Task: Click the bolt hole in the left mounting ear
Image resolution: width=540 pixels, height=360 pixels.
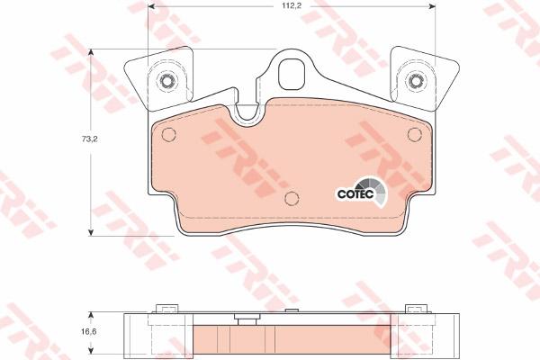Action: tap(166, 81)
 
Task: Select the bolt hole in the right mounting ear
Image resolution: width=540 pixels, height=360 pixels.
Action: tap(415, 81)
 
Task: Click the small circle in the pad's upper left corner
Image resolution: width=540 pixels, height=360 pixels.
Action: tap(167, 135)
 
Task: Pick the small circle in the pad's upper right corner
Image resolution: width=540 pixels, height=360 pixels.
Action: tap(414, 135)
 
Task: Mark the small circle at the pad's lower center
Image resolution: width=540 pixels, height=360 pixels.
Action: tap(291, 200)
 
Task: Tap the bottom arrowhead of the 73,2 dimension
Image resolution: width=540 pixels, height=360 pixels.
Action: tap(90, 233)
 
